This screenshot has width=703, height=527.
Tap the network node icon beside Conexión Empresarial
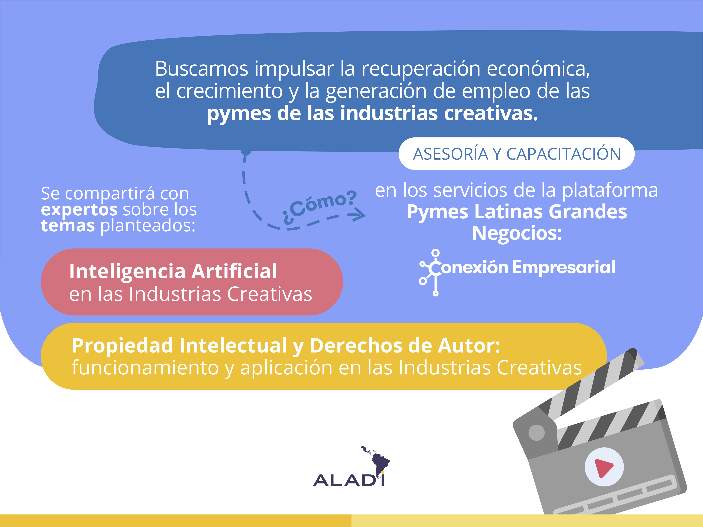tap(430, 273)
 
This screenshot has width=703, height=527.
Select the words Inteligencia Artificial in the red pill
tap(173, 272)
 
